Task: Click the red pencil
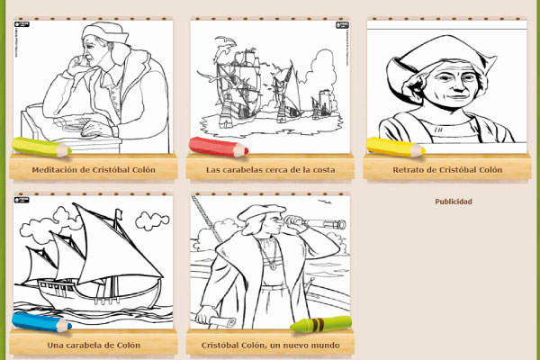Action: [x=219, y=147]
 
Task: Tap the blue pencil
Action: [x=41, y=322]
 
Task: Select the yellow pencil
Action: [x=395, y=147]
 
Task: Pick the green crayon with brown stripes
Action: [x=321, y=324]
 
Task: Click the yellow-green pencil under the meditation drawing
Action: [x=41, y=147]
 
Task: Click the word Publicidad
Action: [x=454, y=202]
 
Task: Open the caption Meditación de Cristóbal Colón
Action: [x=94, y=170]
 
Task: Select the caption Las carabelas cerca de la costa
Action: [x=270, y=170]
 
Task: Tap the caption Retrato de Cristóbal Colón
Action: [x=447, y=170]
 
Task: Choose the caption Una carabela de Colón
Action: [x=94, y=346]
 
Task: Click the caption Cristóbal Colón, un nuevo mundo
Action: [x=270, y=346]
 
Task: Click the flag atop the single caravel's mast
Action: [x=118, y=213]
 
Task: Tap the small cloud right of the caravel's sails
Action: [x=152, y=220]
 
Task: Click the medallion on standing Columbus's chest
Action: [x=273, y=266]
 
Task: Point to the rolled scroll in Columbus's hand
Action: [x=222, y=322]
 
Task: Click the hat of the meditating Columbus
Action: [x=104, y=31]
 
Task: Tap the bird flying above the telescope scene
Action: [x=324, y=202]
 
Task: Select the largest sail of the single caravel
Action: [x=113, y=248]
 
